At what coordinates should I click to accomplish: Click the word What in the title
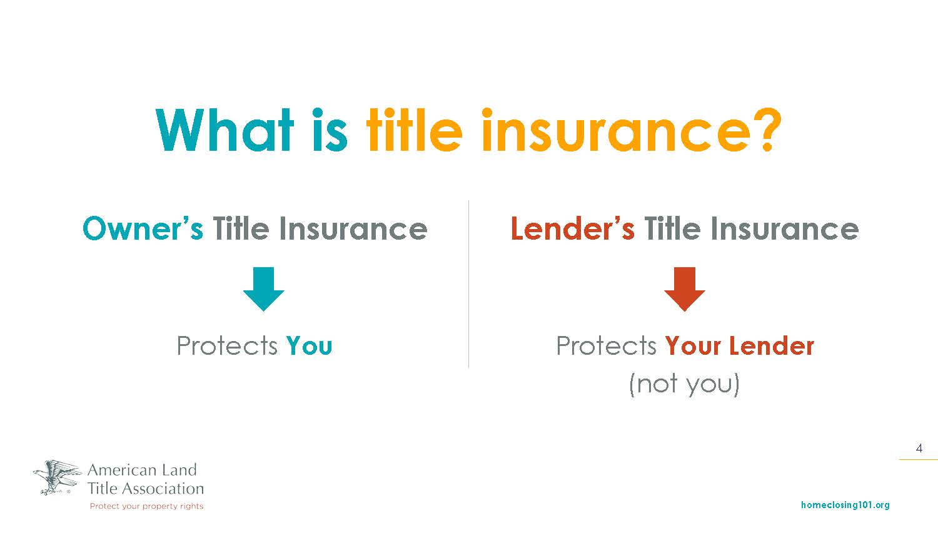(224, 130)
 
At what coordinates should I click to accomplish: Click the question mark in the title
(767, 129)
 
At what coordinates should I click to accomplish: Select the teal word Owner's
(143, 229)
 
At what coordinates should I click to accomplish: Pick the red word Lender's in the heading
(572, 229)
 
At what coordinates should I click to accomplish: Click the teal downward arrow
(264, 288)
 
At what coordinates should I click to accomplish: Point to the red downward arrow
(685, 288)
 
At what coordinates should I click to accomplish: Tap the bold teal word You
(310, 345)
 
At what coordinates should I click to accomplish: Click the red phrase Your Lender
(740, 345)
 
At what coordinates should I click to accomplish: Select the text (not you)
(685, 384)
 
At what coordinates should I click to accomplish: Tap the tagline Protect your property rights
(146, 506)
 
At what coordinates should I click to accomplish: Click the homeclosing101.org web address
(845, 505)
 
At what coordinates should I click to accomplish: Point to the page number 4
(919, 448)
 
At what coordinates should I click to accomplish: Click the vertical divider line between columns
(468, 284)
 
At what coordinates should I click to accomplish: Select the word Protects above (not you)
(606, 345)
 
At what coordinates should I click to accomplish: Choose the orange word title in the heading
(415, 130)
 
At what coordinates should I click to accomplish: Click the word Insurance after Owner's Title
(353, 229)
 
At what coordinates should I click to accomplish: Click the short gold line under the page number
(919, 459)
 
